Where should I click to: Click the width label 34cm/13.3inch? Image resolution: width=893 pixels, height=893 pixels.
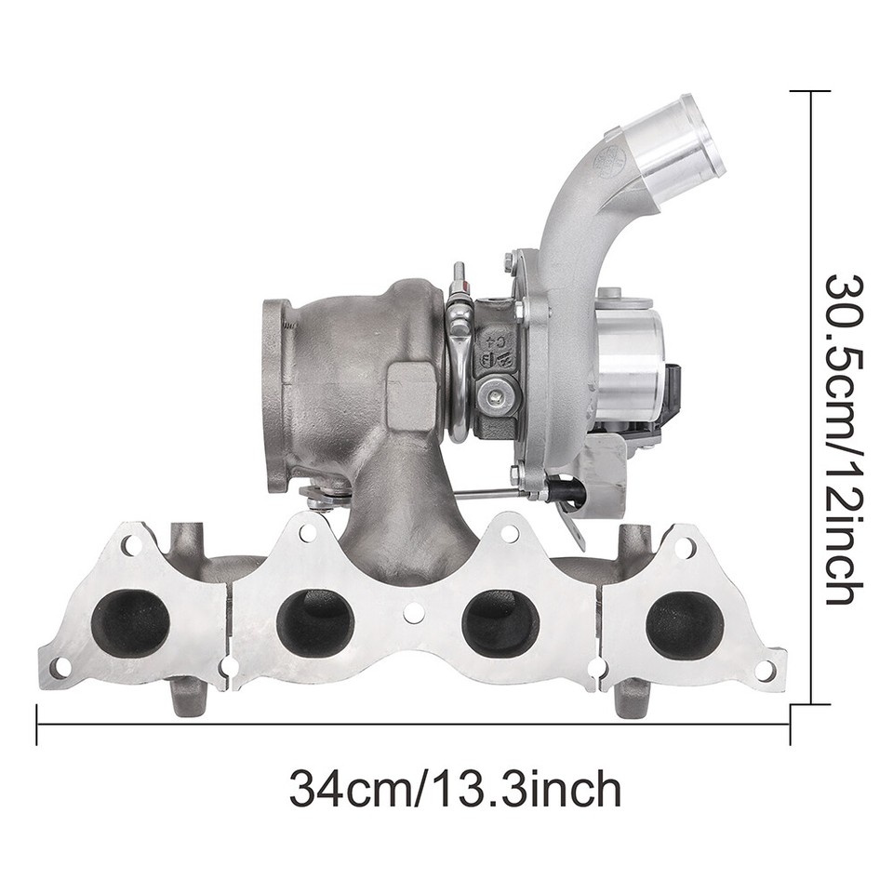tap(454, 790)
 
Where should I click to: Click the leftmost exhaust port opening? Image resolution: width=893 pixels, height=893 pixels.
tap(131, 621)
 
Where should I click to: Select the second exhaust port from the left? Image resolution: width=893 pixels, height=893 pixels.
tap(315, 621)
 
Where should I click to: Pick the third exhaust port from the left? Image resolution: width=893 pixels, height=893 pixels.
tap(500, 621)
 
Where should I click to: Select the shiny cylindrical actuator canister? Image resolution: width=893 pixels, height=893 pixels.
tap(628, 364)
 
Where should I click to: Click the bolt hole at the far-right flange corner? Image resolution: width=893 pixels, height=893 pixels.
tap(765, 669)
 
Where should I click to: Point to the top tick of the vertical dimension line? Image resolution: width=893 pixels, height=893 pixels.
tap(809, 91)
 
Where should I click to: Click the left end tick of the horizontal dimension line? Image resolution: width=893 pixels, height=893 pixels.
tap(37, 724)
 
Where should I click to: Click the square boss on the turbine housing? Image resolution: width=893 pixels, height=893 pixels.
tap(410, 395)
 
